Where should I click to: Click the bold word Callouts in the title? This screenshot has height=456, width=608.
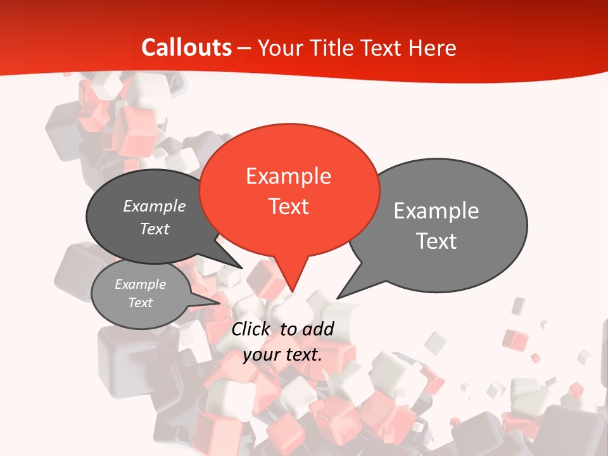[186, 47]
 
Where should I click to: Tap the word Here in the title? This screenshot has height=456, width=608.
[434, 47]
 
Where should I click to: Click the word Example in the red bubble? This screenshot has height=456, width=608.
[288, 176]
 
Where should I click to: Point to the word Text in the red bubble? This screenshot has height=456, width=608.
[288, 206]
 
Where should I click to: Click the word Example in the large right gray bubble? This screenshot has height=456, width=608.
[436, 211]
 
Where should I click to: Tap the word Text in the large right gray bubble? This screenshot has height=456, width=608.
[436, 241]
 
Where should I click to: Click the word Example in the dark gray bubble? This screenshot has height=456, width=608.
[155, 206]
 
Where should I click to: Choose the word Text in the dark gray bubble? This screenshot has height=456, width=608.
[155, 229]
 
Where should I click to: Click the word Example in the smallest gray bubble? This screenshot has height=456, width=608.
[141, 284]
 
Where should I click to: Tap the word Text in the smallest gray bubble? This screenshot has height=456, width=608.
[141, 303]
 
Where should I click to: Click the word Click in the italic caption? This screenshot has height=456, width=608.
[252, 329]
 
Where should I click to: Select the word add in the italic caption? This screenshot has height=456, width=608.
[318, 329]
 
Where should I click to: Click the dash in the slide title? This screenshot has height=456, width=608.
[245, 48]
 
